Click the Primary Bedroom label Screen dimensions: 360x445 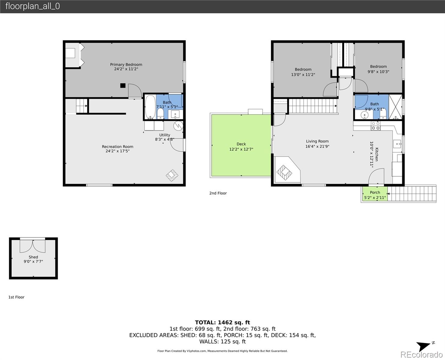[126, 64]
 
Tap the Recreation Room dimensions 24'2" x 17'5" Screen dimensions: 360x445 [118, 151]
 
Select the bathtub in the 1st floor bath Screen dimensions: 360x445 [150, 107]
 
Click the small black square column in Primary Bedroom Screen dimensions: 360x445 [123, 85]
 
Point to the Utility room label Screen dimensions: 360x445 [165, 135]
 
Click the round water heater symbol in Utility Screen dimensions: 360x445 [178, 126]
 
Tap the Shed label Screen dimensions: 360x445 [33, 257]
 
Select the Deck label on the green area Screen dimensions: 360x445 [241, 144]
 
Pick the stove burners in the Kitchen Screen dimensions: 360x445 [376, 126]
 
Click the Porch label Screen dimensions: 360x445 [375, 193]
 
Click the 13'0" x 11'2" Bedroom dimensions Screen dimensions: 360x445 [303, 75]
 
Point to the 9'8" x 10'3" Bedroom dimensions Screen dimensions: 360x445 [378, 72]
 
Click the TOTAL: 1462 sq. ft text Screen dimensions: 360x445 [222, 322]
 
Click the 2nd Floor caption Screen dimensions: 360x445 [218, 193]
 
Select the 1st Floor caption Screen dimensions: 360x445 [16, 297]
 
